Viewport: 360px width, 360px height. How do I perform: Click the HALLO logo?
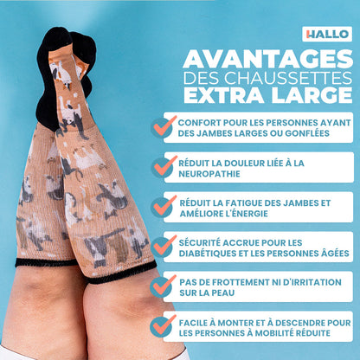point(327,34)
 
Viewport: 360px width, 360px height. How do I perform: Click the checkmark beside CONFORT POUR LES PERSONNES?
point(164,126)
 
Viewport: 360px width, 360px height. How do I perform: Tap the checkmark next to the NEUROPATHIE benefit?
point(164,166)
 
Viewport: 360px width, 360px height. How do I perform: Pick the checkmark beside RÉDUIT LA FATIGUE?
point(164,206)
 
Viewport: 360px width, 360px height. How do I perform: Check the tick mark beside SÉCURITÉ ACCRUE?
point(164,247)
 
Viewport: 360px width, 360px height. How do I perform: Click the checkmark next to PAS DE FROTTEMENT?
point(164,286)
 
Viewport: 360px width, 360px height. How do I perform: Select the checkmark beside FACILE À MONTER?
point(164,326)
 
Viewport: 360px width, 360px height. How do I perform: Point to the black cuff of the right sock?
point(121,275)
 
